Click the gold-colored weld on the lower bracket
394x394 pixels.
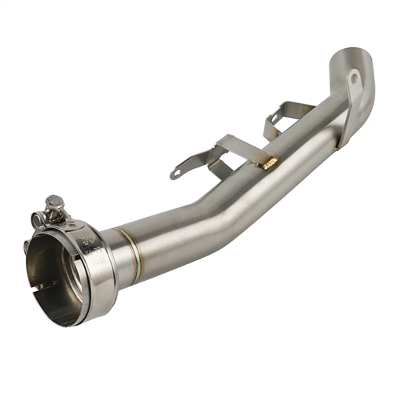(269, 162)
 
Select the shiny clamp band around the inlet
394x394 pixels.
(98, 263)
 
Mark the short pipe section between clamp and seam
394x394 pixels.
(119, 252)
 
